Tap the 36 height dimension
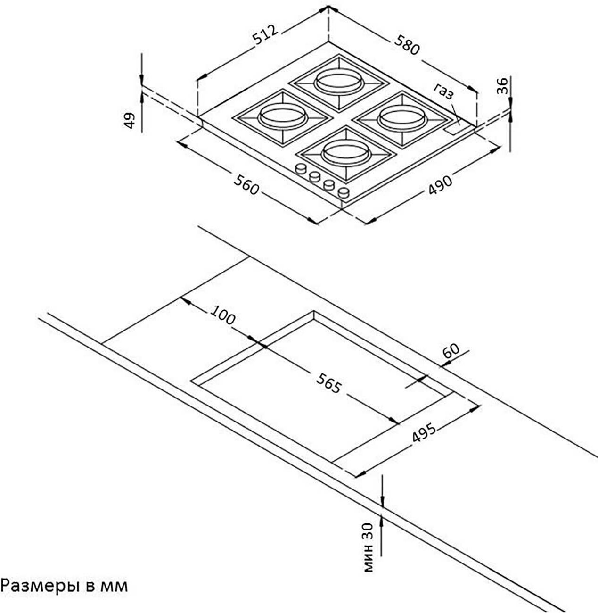[502, 86]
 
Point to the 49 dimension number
[130, 120]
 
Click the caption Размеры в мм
[64, 586]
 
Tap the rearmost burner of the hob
[338, 81]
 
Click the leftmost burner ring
[282, 116]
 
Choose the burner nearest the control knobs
[345, 152]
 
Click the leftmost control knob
[300, 168]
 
